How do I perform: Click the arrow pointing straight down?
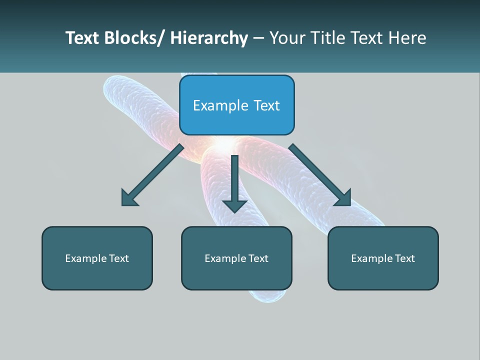pos(234,182)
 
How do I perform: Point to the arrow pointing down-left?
pos(152,175)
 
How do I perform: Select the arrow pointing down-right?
pos(318,174)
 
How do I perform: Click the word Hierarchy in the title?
pos(209,38)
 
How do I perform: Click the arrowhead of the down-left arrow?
pos(128,199)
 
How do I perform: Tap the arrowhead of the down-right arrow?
pos(344,198)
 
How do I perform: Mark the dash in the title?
pos(258,38)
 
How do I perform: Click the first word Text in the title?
pos(82,38)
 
